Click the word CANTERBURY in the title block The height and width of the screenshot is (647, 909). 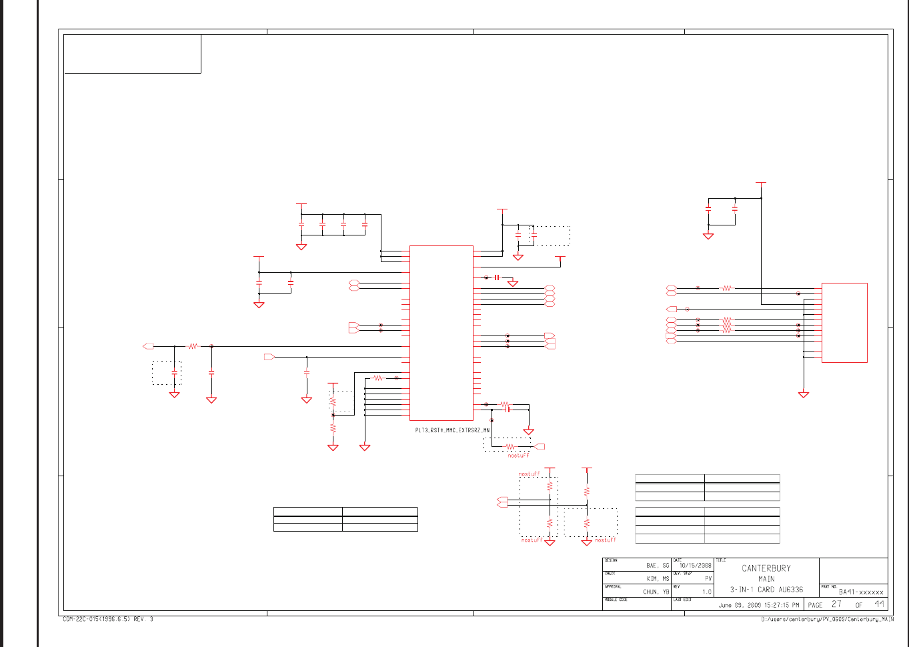[x=766, y=568]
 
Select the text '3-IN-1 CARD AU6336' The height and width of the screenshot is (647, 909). [x=766, y=590]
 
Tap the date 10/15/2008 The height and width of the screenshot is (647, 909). [x=695, y=566]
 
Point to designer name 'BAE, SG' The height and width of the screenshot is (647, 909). [x=657, y=566]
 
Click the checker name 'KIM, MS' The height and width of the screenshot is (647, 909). [x=658, y=579]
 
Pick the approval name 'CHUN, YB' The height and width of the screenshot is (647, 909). [x=656, y=592]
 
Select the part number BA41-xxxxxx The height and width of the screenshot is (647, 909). [x=861, y=592]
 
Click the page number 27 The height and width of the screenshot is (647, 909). [x=836, y=604]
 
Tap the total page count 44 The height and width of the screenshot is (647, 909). [x=880, y=604]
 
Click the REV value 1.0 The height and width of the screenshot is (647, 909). [x=706, y=592]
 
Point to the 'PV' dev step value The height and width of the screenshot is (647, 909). [x=708, y=579]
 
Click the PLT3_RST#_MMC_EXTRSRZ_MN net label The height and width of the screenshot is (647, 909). [x=452, y=431]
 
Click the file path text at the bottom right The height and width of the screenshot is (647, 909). [x=827, y=620]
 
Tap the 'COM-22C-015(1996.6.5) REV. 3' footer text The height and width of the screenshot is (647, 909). [x=108, y=620]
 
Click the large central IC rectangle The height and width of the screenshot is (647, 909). [x=441, y=333]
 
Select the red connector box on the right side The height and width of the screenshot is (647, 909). [x=844, y=323]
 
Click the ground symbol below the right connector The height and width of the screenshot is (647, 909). [x=804, y=394]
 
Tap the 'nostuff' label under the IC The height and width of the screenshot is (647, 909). [x=518, y=456]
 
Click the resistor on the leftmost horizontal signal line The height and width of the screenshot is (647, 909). [x=193, y=346]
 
